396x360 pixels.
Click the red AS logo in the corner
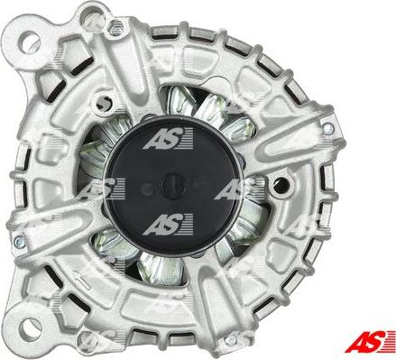click(x=370, y=341)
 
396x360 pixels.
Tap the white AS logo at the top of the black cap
click(x=168, y=138)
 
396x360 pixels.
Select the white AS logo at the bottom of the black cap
click(x=168, y=225)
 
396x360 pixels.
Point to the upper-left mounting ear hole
click(x=29, y=42)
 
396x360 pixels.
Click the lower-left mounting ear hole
click(x=31, y=329)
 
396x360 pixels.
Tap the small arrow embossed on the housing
click(x=82, y=281)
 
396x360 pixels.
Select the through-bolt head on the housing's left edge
click(x=19, y=241)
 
